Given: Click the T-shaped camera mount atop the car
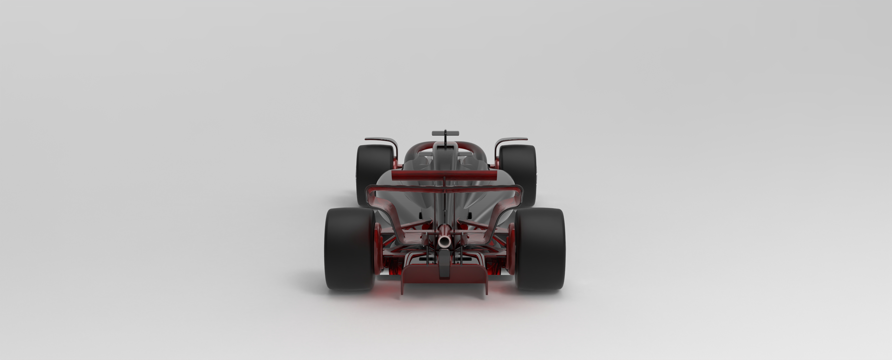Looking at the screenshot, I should point(445,134).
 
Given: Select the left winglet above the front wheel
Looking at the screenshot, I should point(381,140).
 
